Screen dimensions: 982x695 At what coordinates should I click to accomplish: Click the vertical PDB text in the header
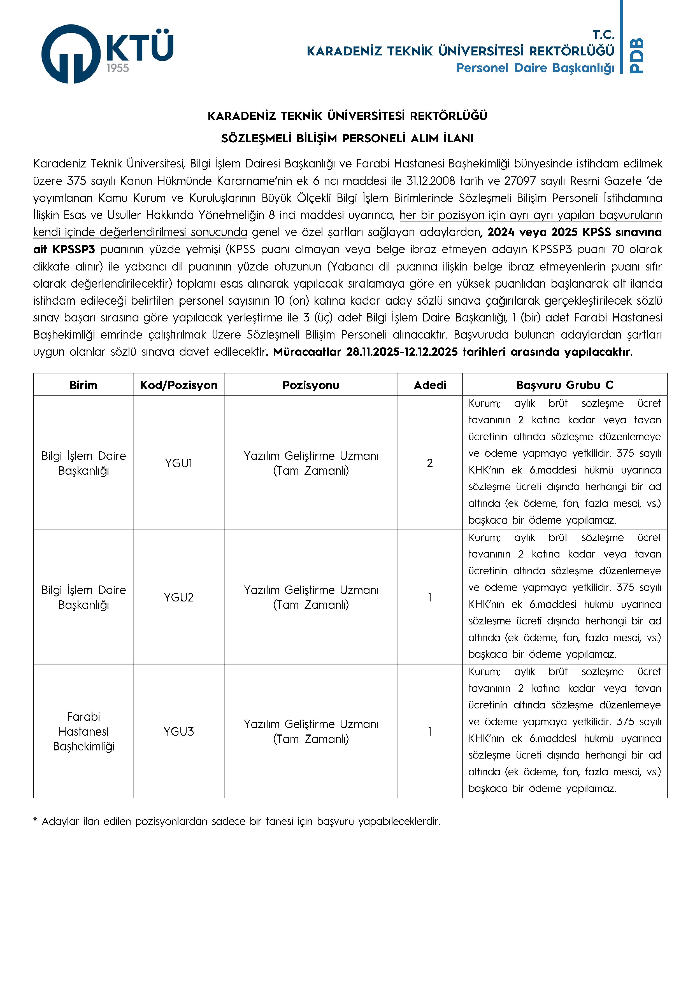pyautogui.click(x=637, y=56)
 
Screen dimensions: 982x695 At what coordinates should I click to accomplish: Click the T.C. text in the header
pyautogui.click(x=603, y=35)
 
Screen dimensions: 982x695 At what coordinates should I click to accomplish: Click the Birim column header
pyautogui.click(x=83, y=385)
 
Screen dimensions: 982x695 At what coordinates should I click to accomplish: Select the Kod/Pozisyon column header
pyautogui.click(x=178, y=385)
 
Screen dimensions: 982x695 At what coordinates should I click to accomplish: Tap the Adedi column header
pyautogui.click(x=430, y=385)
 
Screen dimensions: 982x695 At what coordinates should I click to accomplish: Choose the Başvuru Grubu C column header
pyautogui.click(x=564, y=385)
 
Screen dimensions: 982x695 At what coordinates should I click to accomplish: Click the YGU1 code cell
pyautogui.click(x=178, y=463)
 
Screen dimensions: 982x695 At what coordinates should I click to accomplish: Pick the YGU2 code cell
pyautogui.click(x=178, y=598)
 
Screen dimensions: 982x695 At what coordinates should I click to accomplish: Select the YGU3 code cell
pyautogui.click(x=178, y=732)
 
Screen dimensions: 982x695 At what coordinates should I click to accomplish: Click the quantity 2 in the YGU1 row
pyautogui.click(x=430, y=463)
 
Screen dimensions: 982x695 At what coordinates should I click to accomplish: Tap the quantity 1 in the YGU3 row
pyautogui.click(x=430, y=732)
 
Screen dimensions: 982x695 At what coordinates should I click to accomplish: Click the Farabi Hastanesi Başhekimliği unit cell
pyautogui.click(x=83, y=731)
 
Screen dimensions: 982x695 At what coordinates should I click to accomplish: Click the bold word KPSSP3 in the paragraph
pyautogui.click(x=74, y=249)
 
